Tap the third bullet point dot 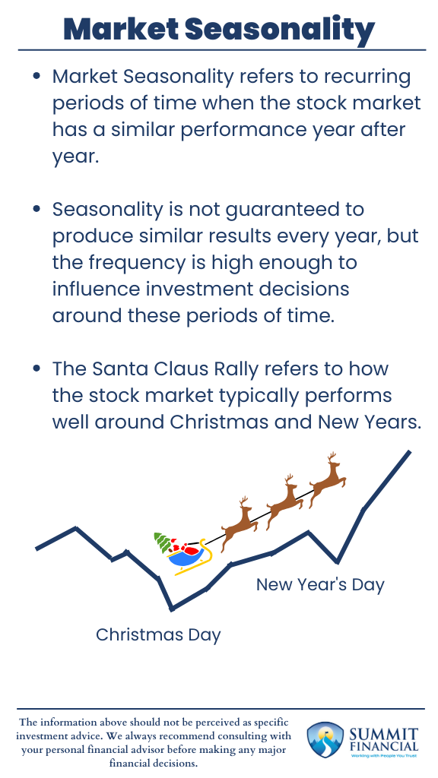36,369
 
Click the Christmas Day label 158,634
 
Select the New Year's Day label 320,584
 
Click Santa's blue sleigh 188,557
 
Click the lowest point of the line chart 173,609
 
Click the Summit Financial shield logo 323,741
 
